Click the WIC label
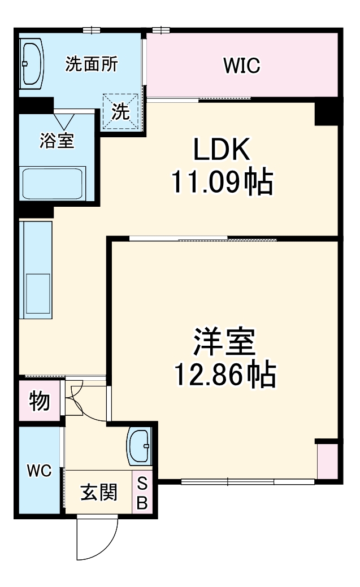(241, 66)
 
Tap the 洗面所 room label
(92, 64)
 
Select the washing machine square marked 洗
(120, 110)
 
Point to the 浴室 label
(57, 140)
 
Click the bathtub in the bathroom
(53, 183)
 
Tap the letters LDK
(222, 150)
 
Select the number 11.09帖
(222, 182)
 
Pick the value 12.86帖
(224, 374)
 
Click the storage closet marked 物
(40, 402)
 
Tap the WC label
(40, 471)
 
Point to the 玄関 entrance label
(99, 492)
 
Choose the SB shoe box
(142, 492)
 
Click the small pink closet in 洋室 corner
(327, 460)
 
